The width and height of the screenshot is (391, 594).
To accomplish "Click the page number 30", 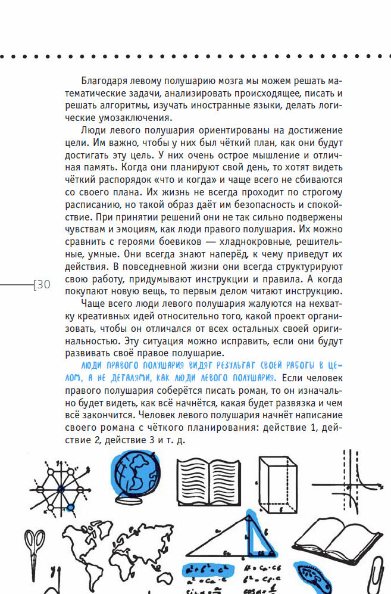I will point(43,285).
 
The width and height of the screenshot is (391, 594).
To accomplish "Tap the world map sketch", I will point(113,545).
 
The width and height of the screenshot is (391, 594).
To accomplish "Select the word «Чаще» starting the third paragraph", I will point(90,304).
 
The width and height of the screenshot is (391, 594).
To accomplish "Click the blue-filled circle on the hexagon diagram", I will point(71,508).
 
